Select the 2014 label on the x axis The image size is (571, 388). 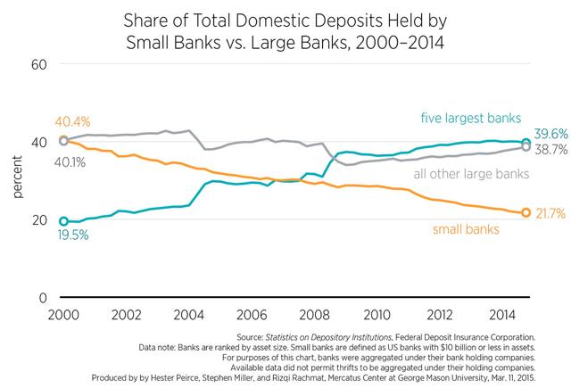click(x=497, y=315)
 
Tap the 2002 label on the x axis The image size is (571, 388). click(x=125, y=315)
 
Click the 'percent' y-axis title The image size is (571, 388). click(x=19, y=181)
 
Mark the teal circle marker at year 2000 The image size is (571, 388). click(x=64, y=221)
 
